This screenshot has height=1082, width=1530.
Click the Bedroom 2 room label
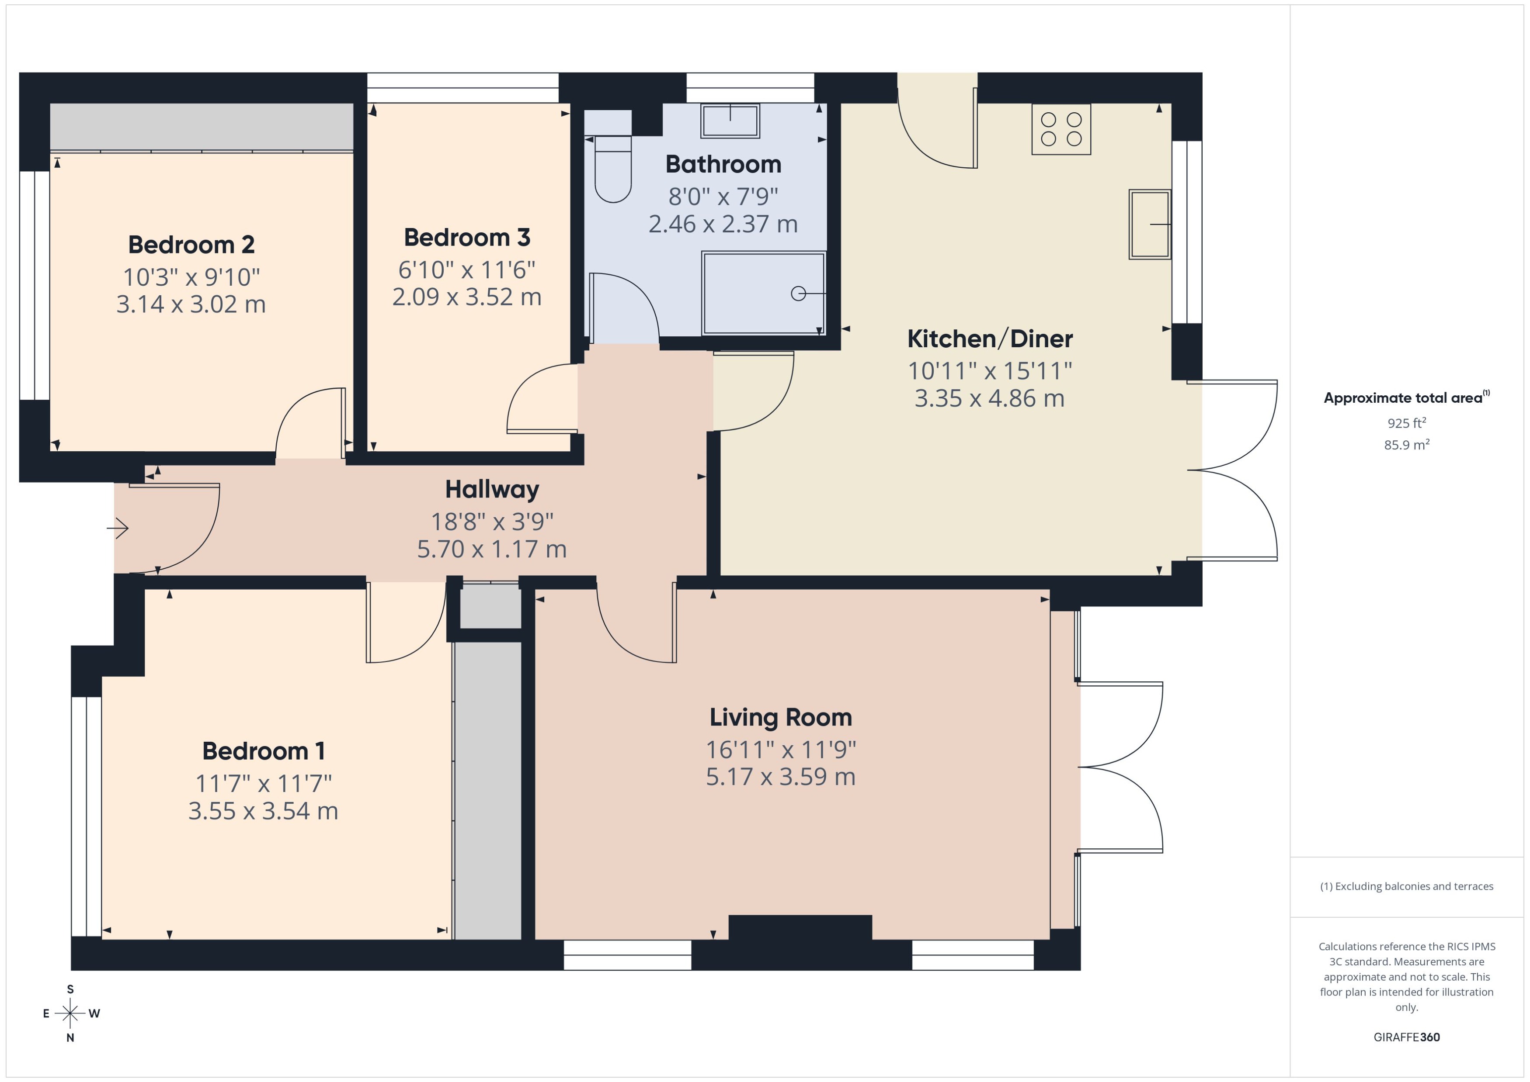pos(191,245)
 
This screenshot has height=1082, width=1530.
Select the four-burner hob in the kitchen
pos(1061,129)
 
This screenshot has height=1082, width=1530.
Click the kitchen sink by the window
pos(1149,225)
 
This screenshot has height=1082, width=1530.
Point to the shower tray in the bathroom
pos(763,293)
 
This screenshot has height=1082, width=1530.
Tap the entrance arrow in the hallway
pos(118,529)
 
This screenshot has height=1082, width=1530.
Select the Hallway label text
pos(492,490)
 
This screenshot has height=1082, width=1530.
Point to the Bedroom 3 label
pos(467,237)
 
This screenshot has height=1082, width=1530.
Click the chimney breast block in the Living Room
pos(800,927)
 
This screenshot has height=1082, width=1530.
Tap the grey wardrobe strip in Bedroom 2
pos(202,127)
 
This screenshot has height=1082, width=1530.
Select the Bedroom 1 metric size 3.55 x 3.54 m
pos(263,811)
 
